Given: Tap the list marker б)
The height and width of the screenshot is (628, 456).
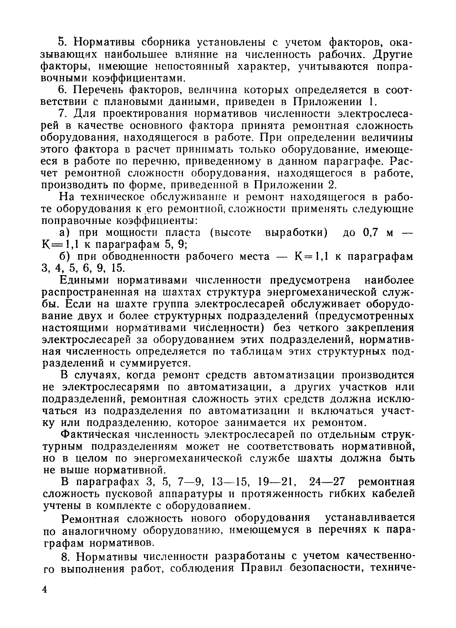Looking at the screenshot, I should pos(65,257).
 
